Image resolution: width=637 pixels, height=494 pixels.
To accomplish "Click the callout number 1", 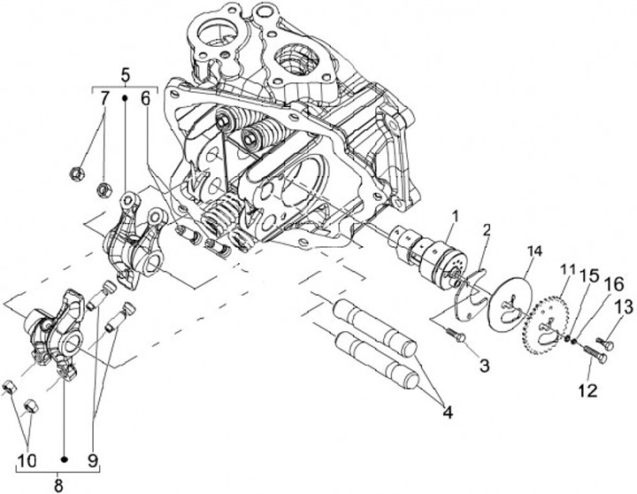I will (456, 215).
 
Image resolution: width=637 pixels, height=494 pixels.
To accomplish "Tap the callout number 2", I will (486, 231).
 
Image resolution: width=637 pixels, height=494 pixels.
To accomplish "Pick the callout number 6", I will (145, 100).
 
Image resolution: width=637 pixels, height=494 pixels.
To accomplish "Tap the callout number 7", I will (104, 100).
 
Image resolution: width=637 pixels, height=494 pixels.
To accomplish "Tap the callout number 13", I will (625, 306).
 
